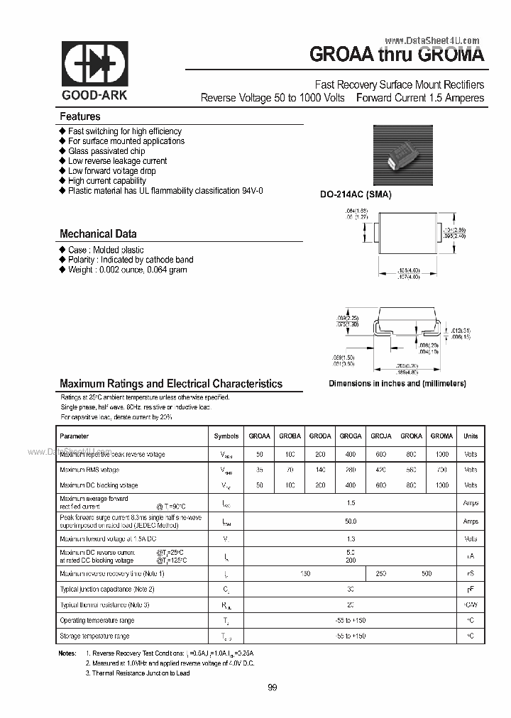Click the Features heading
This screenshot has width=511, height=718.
tap(80, 116)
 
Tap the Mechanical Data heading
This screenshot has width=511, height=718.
tap(98, 233)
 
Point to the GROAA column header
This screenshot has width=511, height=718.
tap(259, 436)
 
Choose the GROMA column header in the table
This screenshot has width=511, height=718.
tap(441, 436)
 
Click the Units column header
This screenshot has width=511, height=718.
tap(471, 436)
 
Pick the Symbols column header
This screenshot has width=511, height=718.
tap(226, 436)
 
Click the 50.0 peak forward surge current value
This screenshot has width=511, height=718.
tap(351, 521)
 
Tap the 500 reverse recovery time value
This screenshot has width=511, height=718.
tap(426, 573)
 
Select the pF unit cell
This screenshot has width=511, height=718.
tap(471, 589)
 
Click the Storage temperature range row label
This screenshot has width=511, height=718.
tap(94, 636)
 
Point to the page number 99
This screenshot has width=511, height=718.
tap(273, 687)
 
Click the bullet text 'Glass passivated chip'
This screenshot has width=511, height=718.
tap(106, 151)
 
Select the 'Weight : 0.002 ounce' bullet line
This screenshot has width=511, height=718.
tap(127, 270)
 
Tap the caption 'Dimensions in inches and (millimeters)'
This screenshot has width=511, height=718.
tap(397, 383)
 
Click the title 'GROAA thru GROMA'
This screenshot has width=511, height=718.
tap(397, 54)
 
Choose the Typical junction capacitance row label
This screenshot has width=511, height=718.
tap(107, 589)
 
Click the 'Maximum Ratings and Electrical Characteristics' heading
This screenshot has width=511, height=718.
tap(171, 383)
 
